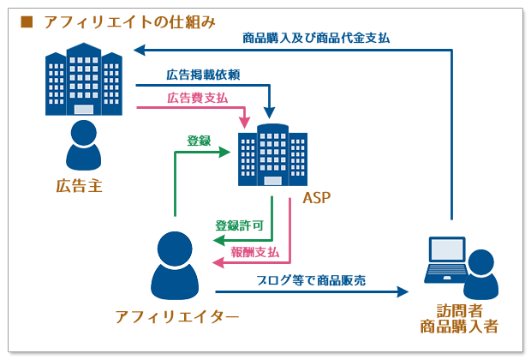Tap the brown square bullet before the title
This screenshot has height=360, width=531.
pyautogui.click(x=26, y=21)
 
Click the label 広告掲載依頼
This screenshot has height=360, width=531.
pyautogui.click(x=202, y=75)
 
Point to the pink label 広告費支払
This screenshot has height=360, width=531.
pyautogui.click(x=198, y=99)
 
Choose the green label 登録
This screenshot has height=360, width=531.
pyautogui.click(x=199, y=140)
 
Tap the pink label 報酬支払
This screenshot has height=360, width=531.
pyautogui.click(x=255, y=252)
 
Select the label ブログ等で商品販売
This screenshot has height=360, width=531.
pyautogui.click(x=311, y=279)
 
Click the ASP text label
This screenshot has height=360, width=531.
pyautogui.click(x=316, y=199)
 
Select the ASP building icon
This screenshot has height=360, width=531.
pyautogui.click(x=272, y=156)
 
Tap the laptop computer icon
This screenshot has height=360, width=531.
pyautogui.click(x=445, y=260)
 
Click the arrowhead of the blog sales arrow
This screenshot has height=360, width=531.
pyautogui.click(x=403, y=292)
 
